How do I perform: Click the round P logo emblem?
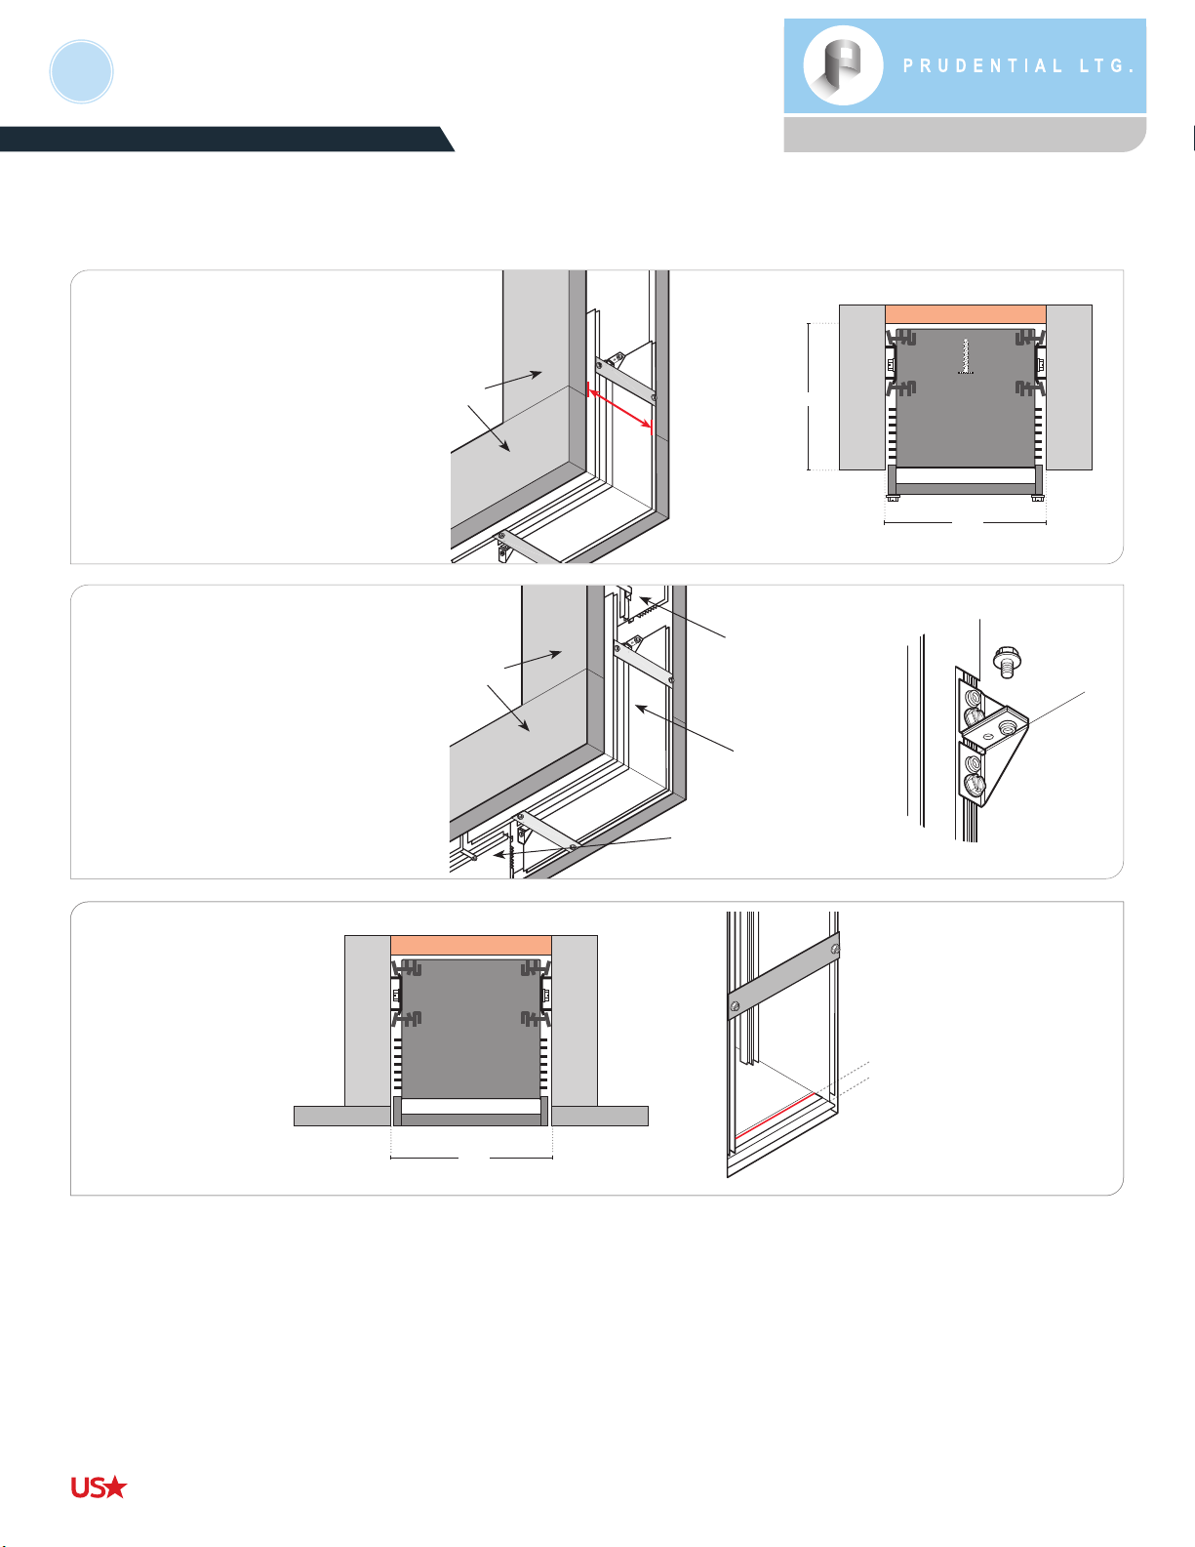tap(843, 65)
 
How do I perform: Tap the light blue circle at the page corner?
tap(81, 72)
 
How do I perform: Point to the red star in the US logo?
tap(114, 1487)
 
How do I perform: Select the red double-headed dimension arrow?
tap(619, 409)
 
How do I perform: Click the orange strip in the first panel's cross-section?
tap(965, 314)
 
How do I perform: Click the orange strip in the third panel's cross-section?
tap(471, 946)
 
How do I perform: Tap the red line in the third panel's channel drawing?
tap(775, 1116)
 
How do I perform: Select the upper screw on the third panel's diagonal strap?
tap(835, 949)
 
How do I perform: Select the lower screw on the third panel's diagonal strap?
tap(736, 1006)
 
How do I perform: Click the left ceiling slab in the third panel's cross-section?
tap(342, 1116)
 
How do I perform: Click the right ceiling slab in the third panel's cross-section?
tap(600, 1116)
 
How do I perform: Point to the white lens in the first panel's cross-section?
tap(965, 475)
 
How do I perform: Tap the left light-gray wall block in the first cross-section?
tap(862, 387)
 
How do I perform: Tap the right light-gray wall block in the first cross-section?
tap(1069, 387)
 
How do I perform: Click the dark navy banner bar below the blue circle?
tap(226, 139)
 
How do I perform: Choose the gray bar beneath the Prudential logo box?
tap(965, 135)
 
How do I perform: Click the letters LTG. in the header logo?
tap(1107, 66)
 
